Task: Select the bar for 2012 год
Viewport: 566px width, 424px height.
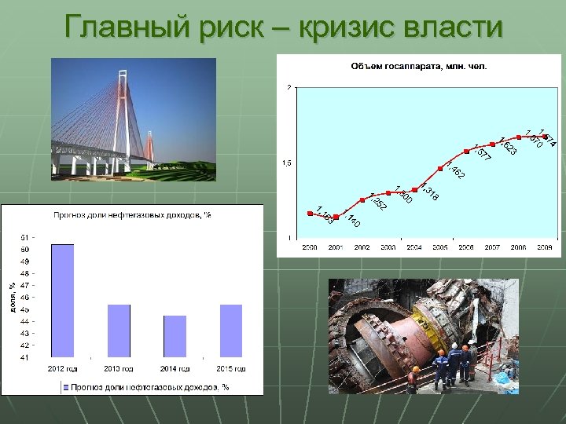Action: pos(63,301)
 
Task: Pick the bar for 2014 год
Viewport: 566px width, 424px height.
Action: pos(175,336)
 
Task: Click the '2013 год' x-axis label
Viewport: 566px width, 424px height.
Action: pos(119,368)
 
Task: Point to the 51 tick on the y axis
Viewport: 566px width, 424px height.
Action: pos(25,237)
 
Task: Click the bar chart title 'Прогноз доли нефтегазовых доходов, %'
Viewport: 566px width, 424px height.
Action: pos(131,214)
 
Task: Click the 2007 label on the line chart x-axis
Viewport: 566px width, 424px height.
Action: pos(492,247)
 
